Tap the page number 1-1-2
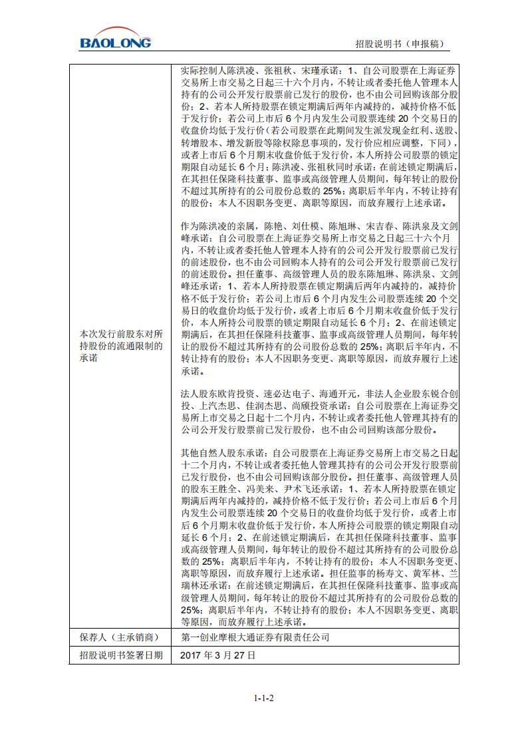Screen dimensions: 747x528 tap(264, 698)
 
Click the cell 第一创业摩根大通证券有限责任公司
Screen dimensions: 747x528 tap(255, 638)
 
